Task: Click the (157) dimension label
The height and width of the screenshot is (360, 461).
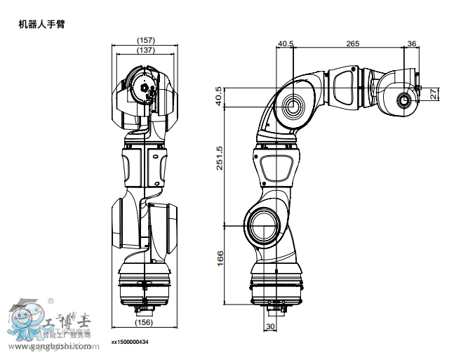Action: pos(145,40)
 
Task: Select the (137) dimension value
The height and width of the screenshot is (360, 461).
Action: pos(145,50)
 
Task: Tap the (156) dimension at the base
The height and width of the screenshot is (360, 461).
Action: pos(143,322)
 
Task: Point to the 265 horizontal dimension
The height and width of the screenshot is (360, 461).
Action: pos(352,44)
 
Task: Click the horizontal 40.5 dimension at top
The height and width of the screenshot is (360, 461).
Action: pos(286,44)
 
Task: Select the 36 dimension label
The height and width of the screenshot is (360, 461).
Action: pos(411,44)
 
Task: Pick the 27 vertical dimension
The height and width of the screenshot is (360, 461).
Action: pos(434,93)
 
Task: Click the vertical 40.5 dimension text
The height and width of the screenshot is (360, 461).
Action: pos(219,96)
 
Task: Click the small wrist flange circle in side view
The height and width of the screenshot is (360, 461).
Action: pos(405,100)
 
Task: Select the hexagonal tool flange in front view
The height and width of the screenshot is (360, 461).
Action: pos(145,89)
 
